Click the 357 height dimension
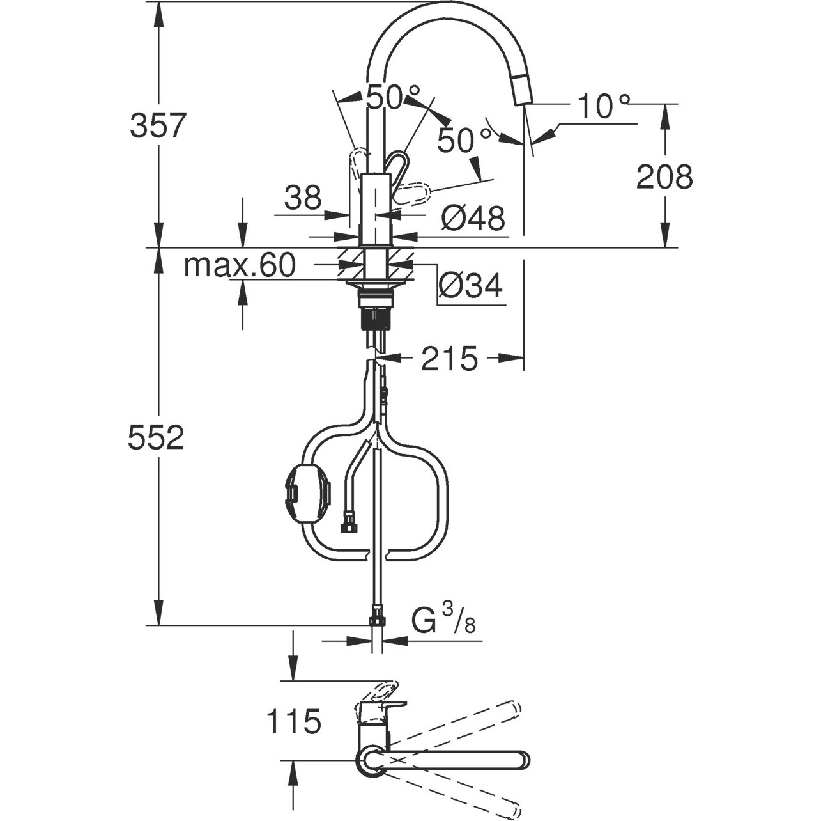[x=158, y=125]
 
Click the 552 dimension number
[x=156, y=437]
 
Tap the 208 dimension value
[x=664, y=176]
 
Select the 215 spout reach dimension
[x=449, y=359]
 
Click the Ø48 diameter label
[x=473, y=219]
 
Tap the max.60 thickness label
[x=240, y=265]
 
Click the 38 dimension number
[x=303, y=198]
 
